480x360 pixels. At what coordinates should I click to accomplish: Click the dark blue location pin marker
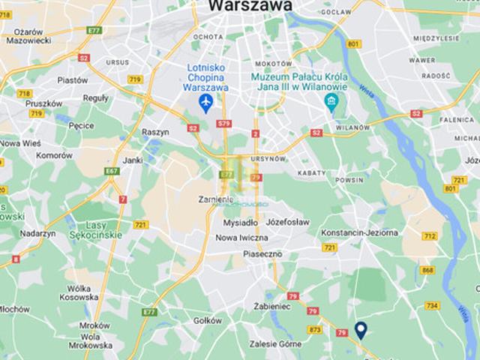361,329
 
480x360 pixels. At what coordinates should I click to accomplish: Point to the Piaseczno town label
262,253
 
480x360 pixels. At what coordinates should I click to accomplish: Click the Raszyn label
155,131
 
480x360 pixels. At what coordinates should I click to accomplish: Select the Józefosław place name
287,222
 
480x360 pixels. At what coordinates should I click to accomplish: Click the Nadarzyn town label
38,234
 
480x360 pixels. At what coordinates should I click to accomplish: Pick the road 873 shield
315,329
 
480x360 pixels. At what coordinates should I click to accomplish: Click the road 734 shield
432,305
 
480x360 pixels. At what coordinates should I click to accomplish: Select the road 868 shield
427,270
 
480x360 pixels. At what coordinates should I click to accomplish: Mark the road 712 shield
430,236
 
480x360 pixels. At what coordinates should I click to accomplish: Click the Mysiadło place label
240,222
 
